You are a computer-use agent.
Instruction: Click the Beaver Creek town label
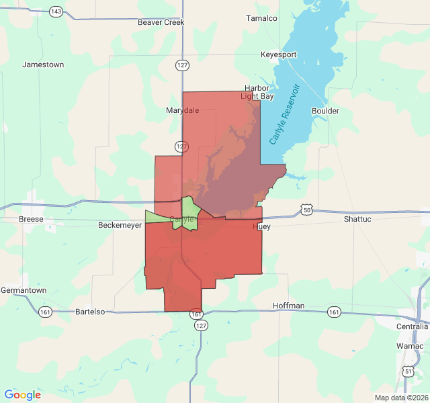(x=161, y=22)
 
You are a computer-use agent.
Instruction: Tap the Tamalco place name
(x=261, y=18)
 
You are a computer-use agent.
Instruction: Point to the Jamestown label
(x=43, y=64)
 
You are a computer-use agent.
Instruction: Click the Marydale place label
(x=182, y=110)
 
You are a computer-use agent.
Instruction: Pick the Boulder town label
(x=325, y=111)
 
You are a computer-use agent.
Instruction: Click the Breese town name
(x=31, y=219)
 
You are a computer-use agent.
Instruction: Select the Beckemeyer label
(x=120, y=225)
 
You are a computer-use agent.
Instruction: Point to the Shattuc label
(x=357, y=219)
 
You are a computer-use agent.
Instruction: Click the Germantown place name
(x=24, y=289)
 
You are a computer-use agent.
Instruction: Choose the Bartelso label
(x=91, y=312)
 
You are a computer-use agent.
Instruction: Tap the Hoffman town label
(x=289, y=306)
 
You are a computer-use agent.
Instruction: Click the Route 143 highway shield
(x=56, y=12)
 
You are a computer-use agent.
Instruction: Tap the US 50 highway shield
(x=306, y=210)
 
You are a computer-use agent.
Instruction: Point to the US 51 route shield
(x=408, y=371)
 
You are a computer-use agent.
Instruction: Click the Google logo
(x=22, y=395)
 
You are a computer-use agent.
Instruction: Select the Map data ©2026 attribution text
(x=400, y=398)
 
